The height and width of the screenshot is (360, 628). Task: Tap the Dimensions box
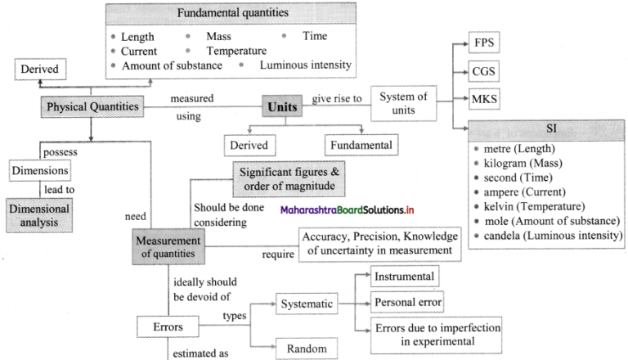click(x=39, y=171)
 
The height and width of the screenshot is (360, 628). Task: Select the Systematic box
click(x=307, y=304)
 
